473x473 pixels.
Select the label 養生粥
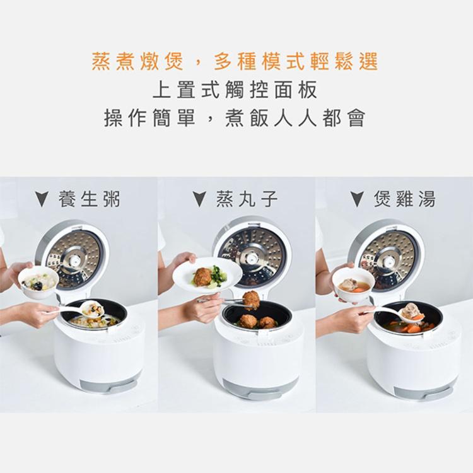(89, 199)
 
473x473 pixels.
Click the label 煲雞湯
(404, 199)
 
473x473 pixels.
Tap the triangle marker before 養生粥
(42, 200)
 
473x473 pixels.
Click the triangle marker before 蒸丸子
(199, 200)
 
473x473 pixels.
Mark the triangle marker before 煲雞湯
(357, 200)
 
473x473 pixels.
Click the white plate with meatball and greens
(207, 276)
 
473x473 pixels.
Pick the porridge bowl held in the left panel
(38, 281)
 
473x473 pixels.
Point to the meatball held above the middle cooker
(251, 298)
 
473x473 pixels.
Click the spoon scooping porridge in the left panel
(91, 309)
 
